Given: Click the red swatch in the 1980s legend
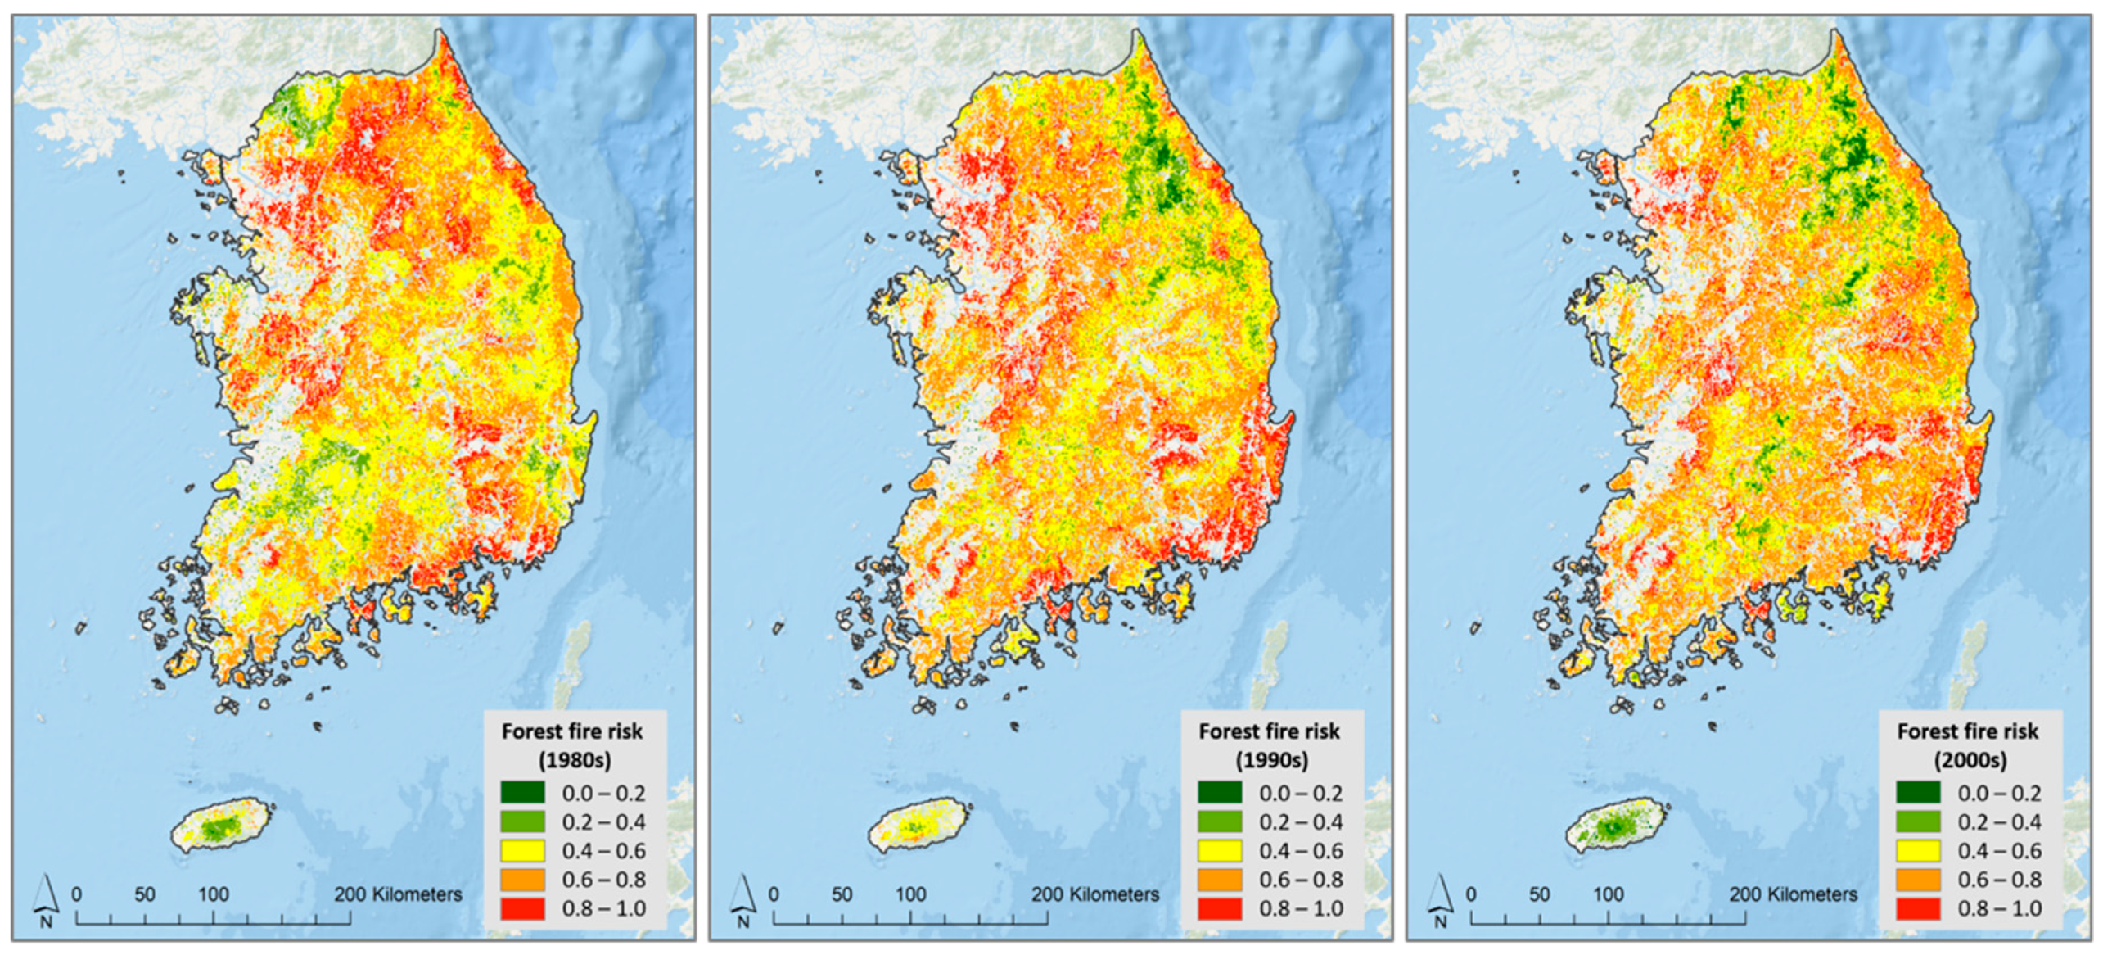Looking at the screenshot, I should point(522,908).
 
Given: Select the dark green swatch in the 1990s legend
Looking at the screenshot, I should point(1220,793).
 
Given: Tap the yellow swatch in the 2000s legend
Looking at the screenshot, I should point(1918,851).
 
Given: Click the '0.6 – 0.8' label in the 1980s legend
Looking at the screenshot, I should point(603,880).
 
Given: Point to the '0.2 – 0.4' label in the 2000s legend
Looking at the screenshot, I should point(1999,822).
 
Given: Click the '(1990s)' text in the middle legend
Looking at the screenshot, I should point(1271,760).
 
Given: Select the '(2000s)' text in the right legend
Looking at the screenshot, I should point(1970,760).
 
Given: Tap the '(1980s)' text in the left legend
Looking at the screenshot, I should point(575,760).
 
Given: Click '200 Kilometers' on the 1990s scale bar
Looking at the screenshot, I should point(1094,894).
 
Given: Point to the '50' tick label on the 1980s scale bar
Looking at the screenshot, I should point(145,894).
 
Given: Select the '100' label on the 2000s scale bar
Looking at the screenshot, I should point(1608,894).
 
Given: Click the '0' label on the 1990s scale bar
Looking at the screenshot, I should point(774,894).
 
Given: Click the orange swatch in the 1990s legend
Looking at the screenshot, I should point(1220,880).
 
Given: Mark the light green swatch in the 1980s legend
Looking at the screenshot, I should point(522,822).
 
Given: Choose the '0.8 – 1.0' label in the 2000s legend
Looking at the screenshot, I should point(1999,908).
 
